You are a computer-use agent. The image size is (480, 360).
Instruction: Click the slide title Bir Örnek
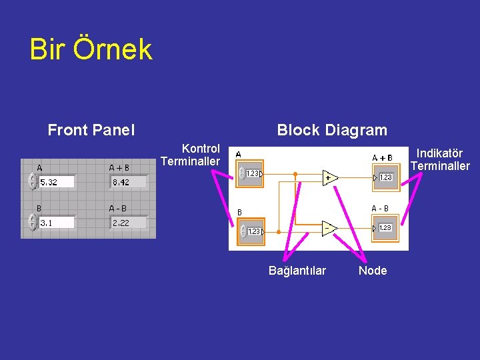(x=91, y=50)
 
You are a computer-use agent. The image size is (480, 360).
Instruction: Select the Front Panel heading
(x=91, y=130)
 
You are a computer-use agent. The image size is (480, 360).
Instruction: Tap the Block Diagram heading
(x=331, y=130)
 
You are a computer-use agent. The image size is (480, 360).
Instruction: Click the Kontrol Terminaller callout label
(x=191, y=155)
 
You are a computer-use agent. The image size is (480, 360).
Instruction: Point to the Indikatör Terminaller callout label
(x=440, y=160)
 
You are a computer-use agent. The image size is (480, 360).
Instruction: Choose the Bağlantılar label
(x=297, y=270)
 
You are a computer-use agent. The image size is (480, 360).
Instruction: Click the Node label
(x=373, y=270)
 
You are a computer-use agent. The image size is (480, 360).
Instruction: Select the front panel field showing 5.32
(x=56, y=181)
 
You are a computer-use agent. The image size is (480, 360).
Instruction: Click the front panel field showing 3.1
(x=56, y=223)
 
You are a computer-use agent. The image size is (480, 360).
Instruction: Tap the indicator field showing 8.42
(x=128, y=181)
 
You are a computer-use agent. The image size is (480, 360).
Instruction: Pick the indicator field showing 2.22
(x=128, y=223)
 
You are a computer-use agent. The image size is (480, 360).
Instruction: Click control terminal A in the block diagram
(x=251, y=173)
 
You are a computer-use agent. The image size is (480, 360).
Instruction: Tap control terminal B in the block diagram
(x=251, y=231)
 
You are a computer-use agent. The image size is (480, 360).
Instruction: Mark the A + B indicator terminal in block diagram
(x=385, y=177)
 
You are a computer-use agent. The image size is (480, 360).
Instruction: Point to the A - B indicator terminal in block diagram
(x=385, y=227)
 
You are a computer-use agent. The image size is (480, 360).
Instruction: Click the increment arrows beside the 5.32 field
(x=32, y=181)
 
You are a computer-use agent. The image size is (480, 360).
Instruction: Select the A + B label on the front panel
(x=119, y=168)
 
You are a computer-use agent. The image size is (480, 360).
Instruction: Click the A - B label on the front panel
(x=118, y=209)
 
